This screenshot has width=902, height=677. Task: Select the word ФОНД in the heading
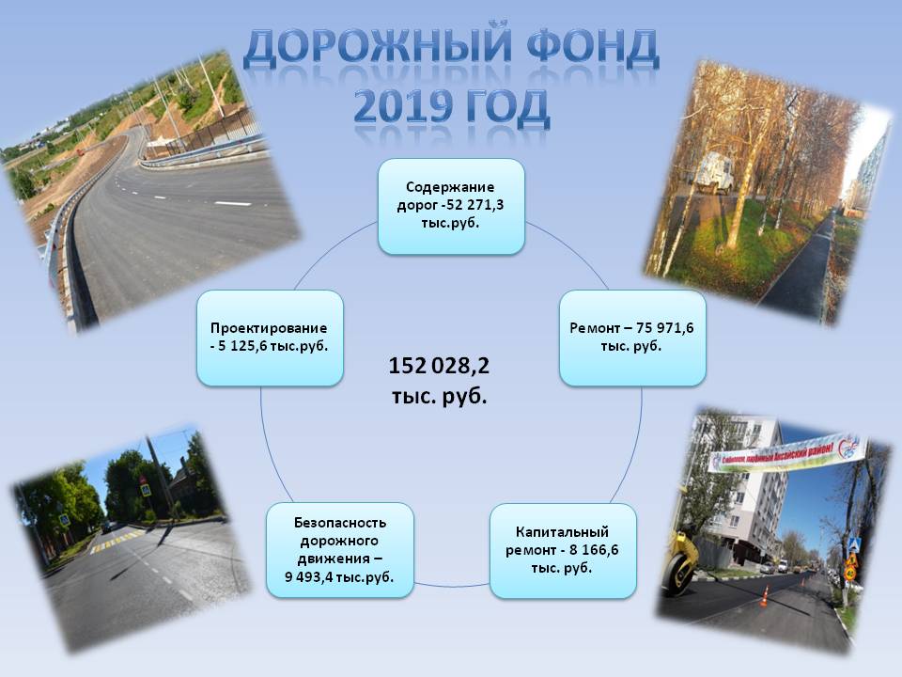pos(593,46)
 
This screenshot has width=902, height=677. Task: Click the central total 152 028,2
pos(439,366)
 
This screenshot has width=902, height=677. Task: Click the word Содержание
pos(450,187)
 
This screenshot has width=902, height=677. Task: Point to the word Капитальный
pos(562,532)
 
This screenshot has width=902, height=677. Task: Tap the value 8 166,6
pos(594,550)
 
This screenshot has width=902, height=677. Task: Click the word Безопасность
pos(340,523)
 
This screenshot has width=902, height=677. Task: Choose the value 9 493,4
pos(308,576)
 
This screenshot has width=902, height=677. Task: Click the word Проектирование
pos(269,328)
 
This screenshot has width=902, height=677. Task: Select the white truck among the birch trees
pos(713,173)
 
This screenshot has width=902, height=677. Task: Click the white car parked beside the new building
pos(768,568)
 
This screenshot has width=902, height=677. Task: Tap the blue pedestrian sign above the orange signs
pos(855,544)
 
